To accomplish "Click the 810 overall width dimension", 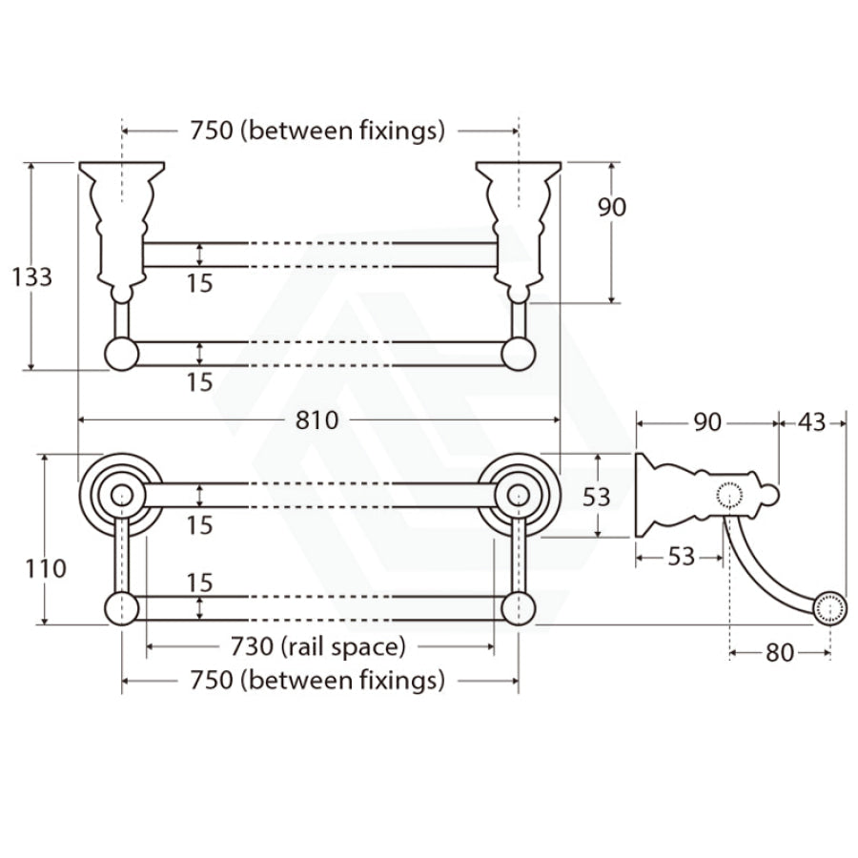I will click(x=317, y=419).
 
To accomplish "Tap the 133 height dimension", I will click(x=31, y=276).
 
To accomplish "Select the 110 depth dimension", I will click(x=46, y=568).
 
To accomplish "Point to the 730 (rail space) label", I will click(x=318, y=646).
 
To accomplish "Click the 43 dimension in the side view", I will click(x=811, y=421).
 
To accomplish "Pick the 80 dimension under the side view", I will click(x=779, y=654).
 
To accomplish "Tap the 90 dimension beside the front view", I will click(x=612, y=207).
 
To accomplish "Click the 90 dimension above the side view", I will click(x=706, y=421).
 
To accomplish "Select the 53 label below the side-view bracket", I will click(x=681, y=557).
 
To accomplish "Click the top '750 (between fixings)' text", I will click(x=318, y=131).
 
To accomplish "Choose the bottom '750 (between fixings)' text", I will click(x=318, y=681).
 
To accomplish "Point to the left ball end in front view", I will click(x=121, y=354).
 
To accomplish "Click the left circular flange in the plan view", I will click(x=121, y=495).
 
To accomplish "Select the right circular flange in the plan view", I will click(x=518, y=495).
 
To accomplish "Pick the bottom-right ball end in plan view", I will click(x=518, y=606).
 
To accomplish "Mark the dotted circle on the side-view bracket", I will click(x=729, y=495).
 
